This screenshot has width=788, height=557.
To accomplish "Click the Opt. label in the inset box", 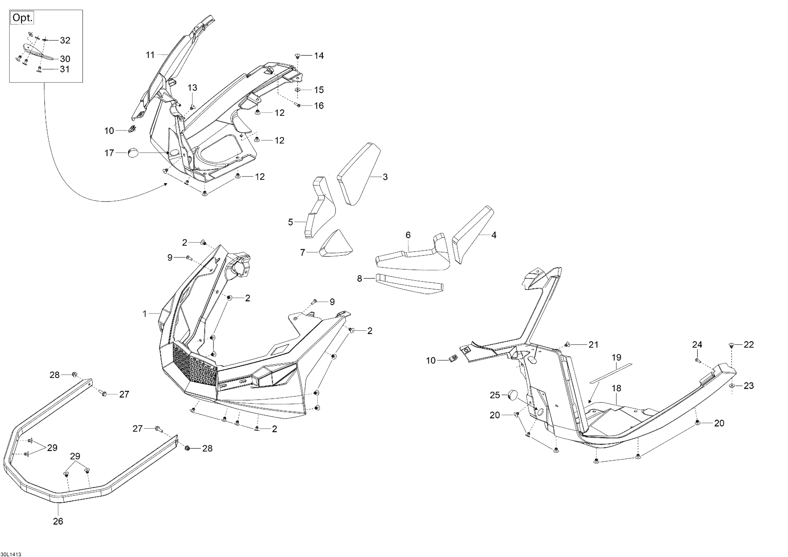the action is click(x=23, y=18).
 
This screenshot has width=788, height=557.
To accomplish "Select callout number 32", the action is click(x=65, y=40).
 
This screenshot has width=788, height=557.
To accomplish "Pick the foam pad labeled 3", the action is click(x=359, y=174).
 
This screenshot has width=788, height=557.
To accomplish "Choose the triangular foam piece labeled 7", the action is click(x=335, y=244).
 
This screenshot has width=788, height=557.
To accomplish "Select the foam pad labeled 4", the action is click(x=473, y=235).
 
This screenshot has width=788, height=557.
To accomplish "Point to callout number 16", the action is click(x=319, y=106).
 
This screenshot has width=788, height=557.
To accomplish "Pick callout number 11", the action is click(x=150, y=55).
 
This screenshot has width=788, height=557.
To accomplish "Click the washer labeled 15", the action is click(x=297, y=90).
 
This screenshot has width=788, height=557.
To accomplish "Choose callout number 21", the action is click(x=594, y=345).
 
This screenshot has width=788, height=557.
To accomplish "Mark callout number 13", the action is click(x=193, y=88).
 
